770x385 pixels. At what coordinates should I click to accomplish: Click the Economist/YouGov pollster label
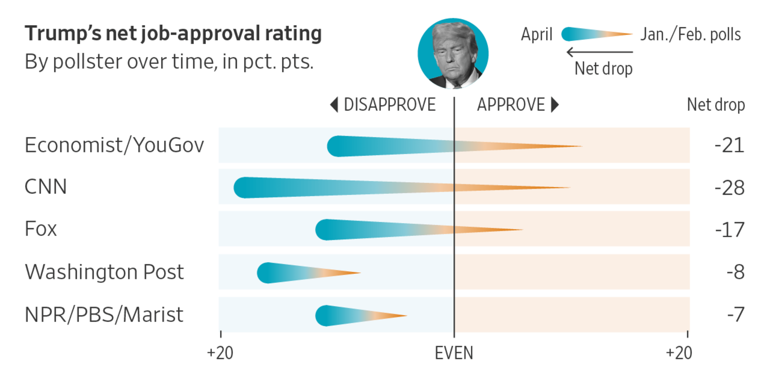[x=114, y=145]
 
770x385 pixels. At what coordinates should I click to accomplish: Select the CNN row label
[x=45, y=187]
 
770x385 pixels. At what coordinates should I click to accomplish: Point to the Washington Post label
[x=104, y=272]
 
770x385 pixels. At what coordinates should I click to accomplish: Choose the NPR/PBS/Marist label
[x=104, y=315]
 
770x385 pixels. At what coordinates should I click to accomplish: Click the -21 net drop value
[x=729, y=146]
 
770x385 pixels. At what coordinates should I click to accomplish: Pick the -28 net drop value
[x=729, y=188]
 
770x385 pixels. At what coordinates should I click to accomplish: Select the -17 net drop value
[x=729, y=230]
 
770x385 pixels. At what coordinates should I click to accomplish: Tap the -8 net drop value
[x=735, y=272]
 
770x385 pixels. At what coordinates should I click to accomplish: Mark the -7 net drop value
[x=735, y=315]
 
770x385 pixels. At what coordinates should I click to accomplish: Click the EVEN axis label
[x=454, y=353]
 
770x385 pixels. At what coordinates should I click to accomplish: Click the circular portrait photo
[x=453, y=54]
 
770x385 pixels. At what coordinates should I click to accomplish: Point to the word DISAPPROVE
[x=390, y=105]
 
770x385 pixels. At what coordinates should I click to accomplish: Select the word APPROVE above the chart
[x=511, y=105]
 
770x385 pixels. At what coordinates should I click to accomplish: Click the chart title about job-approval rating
[x=173, y=33]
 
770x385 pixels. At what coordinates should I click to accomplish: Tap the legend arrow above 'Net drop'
[x=600, y=52]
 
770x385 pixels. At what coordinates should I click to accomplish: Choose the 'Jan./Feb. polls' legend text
[x=690, y=34]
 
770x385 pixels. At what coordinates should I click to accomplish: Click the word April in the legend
[x=537, y=34]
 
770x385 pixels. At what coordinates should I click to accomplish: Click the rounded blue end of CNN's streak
[x=244, y=188]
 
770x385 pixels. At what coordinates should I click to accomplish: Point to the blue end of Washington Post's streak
[x=267, y=273]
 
